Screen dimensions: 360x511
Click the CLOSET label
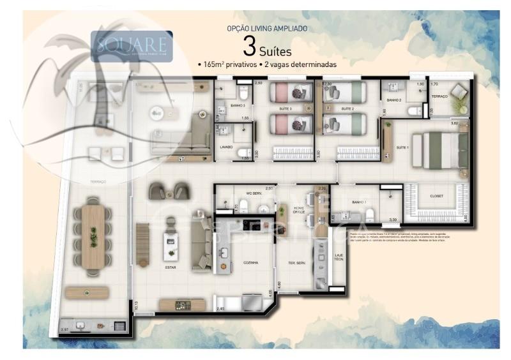(x=437, y=195)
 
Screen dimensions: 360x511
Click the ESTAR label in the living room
(x=171, y=267)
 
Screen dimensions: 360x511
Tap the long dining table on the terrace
(x=94, y=236)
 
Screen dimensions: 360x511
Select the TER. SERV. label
(x=296, y=262)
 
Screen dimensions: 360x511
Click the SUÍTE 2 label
(x=347, y=109)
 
